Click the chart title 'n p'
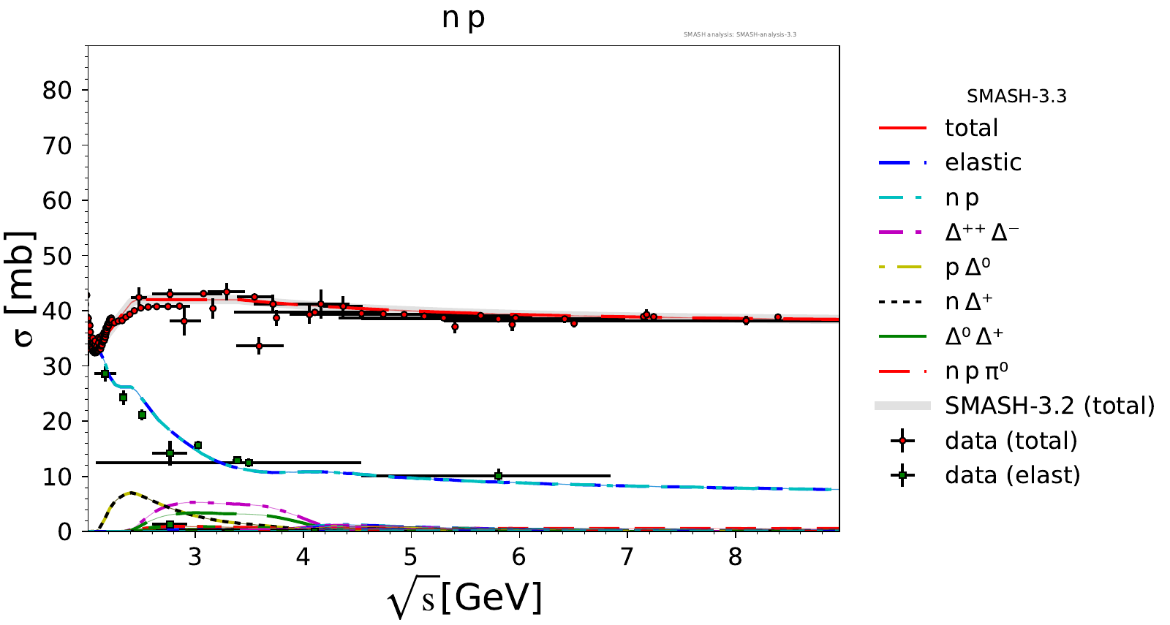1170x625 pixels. click(x=464, y=18)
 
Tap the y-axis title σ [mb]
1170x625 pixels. click(x=20, y=289)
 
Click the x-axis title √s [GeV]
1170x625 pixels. click(x=465, y=599)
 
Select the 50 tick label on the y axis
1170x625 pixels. click(x=57, y=256)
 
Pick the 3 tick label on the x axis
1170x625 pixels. click(x=195, y=557)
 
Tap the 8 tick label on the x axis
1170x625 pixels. click(x=735, y=557)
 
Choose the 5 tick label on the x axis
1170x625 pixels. click(x=411, y=557)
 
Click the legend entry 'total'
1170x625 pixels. click(x=971, y=128)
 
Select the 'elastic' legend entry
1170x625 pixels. click(x=983, y=162)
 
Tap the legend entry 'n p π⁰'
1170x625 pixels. click(x=976, y=371)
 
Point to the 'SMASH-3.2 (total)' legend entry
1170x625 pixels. click(x=1049, y=405)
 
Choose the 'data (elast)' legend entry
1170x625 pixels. click(x=1012, y=475)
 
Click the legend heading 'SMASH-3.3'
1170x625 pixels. click(x=1016, y=96)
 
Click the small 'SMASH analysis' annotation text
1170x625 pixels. click(x=739, y=34)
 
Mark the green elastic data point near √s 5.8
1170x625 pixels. click(x=498, y=476)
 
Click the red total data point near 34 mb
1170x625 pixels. click(x=259, y=346)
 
